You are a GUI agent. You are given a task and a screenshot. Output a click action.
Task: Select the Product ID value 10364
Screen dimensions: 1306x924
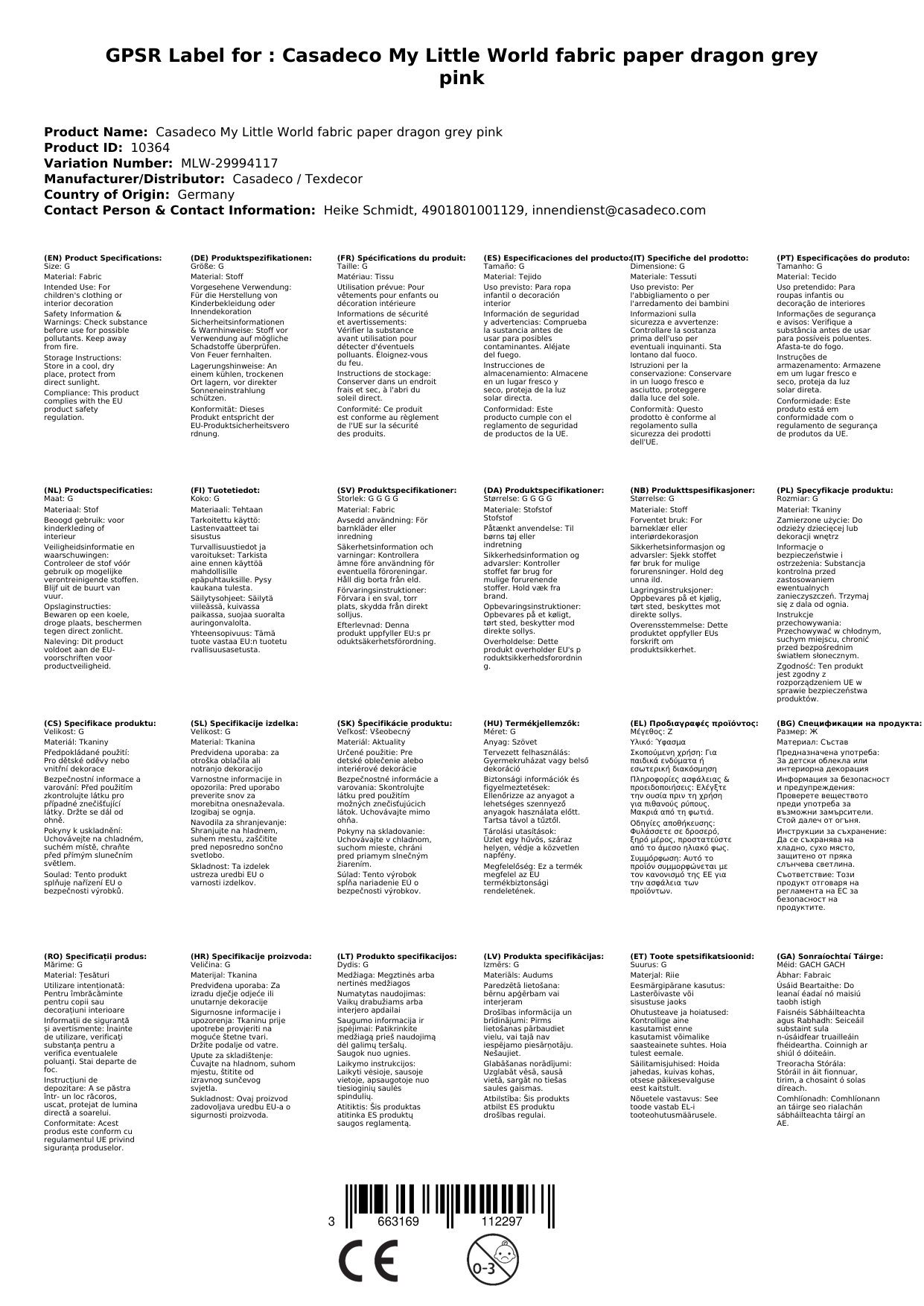[150, 147]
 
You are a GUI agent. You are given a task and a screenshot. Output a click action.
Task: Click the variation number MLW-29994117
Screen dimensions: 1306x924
[225, 163]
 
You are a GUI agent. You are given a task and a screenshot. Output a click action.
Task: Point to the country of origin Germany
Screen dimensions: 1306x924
[205, 194]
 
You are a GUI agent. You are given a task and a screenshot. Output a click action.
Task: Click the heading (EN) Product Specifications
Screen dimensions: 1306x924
[103, 258]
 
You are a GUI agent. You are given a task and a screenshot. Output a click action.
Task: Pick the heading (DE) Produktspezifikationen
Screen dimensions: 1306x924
[251, 258]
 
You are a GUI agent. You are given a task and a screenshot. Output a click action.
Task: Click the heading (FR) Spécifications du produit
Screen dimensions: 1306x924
[401, 258]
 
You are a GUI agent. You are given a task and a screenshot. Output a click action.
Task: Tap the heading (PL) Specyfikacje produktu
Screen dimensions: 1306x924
[835, 491]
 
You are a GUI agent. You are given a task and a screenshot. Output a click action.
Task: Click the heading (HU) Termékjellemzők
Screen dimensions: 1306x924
[531, 723]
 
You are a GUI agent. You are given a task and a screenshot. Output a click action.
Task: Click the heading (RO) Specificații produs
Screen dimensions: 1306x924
[95, 956]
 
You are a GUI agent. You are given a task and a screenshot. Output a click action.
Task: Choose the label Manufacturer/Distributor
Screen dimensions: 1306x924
[134, 179]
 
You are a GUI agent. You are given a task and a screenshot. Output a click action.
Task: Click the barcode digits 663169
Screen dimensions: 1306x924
[398, 1222]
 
